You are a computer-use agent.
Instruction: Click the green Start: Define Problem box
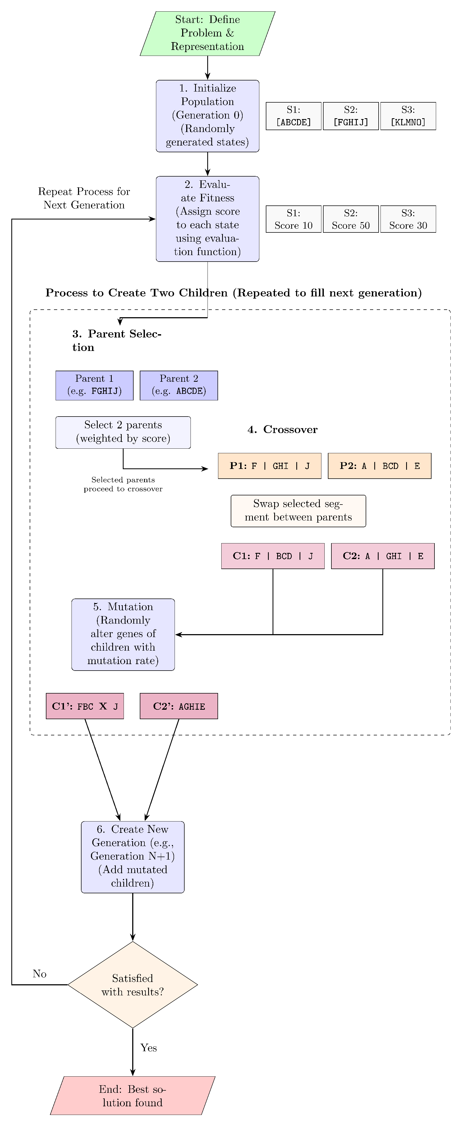click(207, 33)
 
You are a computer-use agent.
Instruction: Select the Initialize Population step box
click(207, 116)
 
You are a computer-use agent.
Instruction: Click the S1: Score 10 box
click(293, 219)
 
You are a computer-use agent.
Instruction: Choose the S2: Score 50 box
click(351, 219)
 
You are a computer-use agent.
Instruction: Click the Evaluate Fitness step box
click(207, 219)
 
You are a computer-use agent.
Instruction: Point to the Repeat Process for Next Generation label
click(84, 198)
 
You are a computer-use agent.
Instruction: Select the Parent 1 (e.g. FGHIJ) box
click(94, 385)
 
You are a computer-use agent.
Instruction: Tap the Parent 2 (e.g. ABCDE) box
click(179, 385)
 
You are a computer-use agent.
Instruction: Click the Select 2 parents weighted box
click(123, 432)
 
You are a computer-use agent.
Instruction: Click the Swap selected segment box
click(298, 510)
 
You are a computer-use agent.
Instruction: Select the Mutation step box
click(123, 634)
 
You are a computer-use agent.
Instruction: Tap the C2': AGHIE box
click(179, 706)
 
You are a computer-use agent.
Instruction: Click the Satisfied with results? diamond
click(133, 985)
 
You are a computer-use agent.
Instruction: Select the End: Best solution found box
click(133, 1096)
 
